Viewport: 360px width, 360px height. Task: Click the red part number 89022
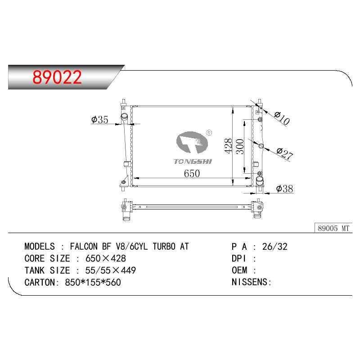pos(57,77)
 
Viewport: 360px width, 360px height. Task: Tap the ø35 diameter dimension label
pos(99,119)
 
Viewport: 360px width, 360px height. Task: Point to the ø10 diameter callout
pos(282,118)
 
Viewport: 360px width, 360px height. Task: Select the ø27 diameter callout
pos(285,153)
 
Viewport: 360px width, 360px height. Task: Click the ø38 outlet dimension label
pos(284,189)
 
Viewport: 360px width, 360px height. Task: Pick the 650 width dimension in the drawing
pos(192,173)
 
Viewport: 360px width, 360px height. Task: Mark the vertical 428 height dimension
pos(228,146)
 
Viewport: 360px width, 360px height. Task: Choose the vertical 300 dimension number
pos(240,147)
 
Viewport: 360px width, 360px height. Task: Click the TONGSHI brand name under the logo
pos(193,162)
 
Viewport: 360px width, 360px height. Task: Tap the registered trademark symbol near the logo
pos(209,132)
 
